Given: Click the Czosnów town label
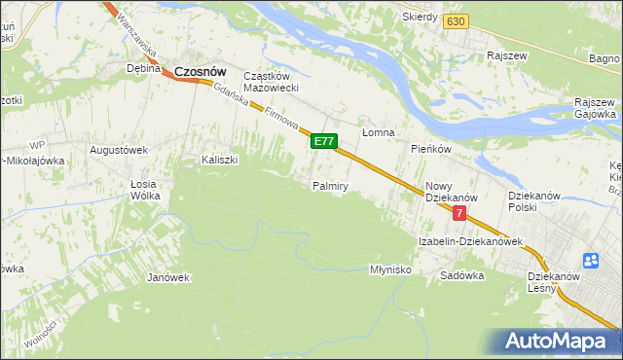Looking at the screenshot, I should coord(201,70).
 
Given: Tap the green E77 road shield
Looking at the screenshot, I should coord(324,142).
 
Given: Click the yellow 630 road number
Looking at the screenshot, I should coord(454,20).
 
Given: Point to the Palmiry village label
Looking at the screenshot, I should coord(330,185).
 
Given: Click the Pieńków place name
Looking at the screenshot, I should coord(430,149).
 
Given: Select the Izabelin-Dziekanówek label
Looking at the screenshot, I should coord(470,240).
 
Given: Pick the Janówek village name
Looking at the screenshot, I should coord(167,277).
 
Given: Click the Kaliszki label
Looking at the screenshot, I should coord(219,160).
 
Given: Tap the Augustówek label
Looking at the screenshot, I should coord(118,150).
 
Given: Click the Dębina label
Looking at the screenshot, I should coord(143,69).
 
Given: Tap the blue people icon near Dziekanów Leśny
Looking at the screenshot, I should coord(591,261).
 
